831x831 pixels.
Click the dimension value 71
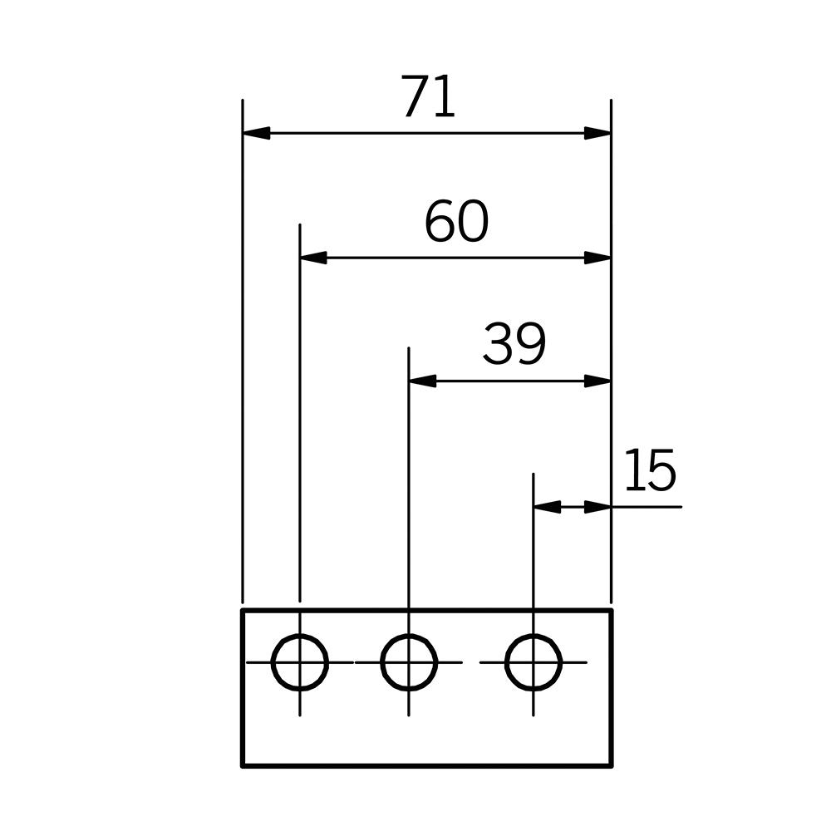(x=428, y=96)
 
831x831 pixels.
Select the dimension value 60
(x=456, y=222)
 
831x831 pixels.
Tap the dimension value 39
(x=514, y=345)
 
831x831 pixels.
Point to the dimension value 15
(x=651, y=470)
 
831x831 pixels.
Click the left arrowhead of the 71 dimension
(x=257, y=133)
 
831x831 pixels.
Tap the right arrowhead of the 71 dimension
(x=597, y=133)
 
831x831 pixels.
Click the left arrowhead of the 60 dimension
(x=314, y=258)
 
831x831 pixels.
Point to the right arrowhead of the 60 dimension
(x=597, y=258)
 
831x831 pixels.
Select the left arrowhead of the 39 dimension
(x=422, y=381)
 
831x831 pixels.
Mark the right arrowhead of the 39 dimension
(x=597, y=381)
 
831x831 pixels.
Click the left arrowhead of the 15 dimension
(x=547, y=507)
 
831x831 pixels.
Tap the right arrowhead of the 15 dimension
(x=597, y=507)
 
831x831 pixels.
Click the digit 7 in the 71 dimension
(x=415, y=96)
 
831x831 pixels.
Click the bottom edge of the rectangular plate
(x=427, y=766)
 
